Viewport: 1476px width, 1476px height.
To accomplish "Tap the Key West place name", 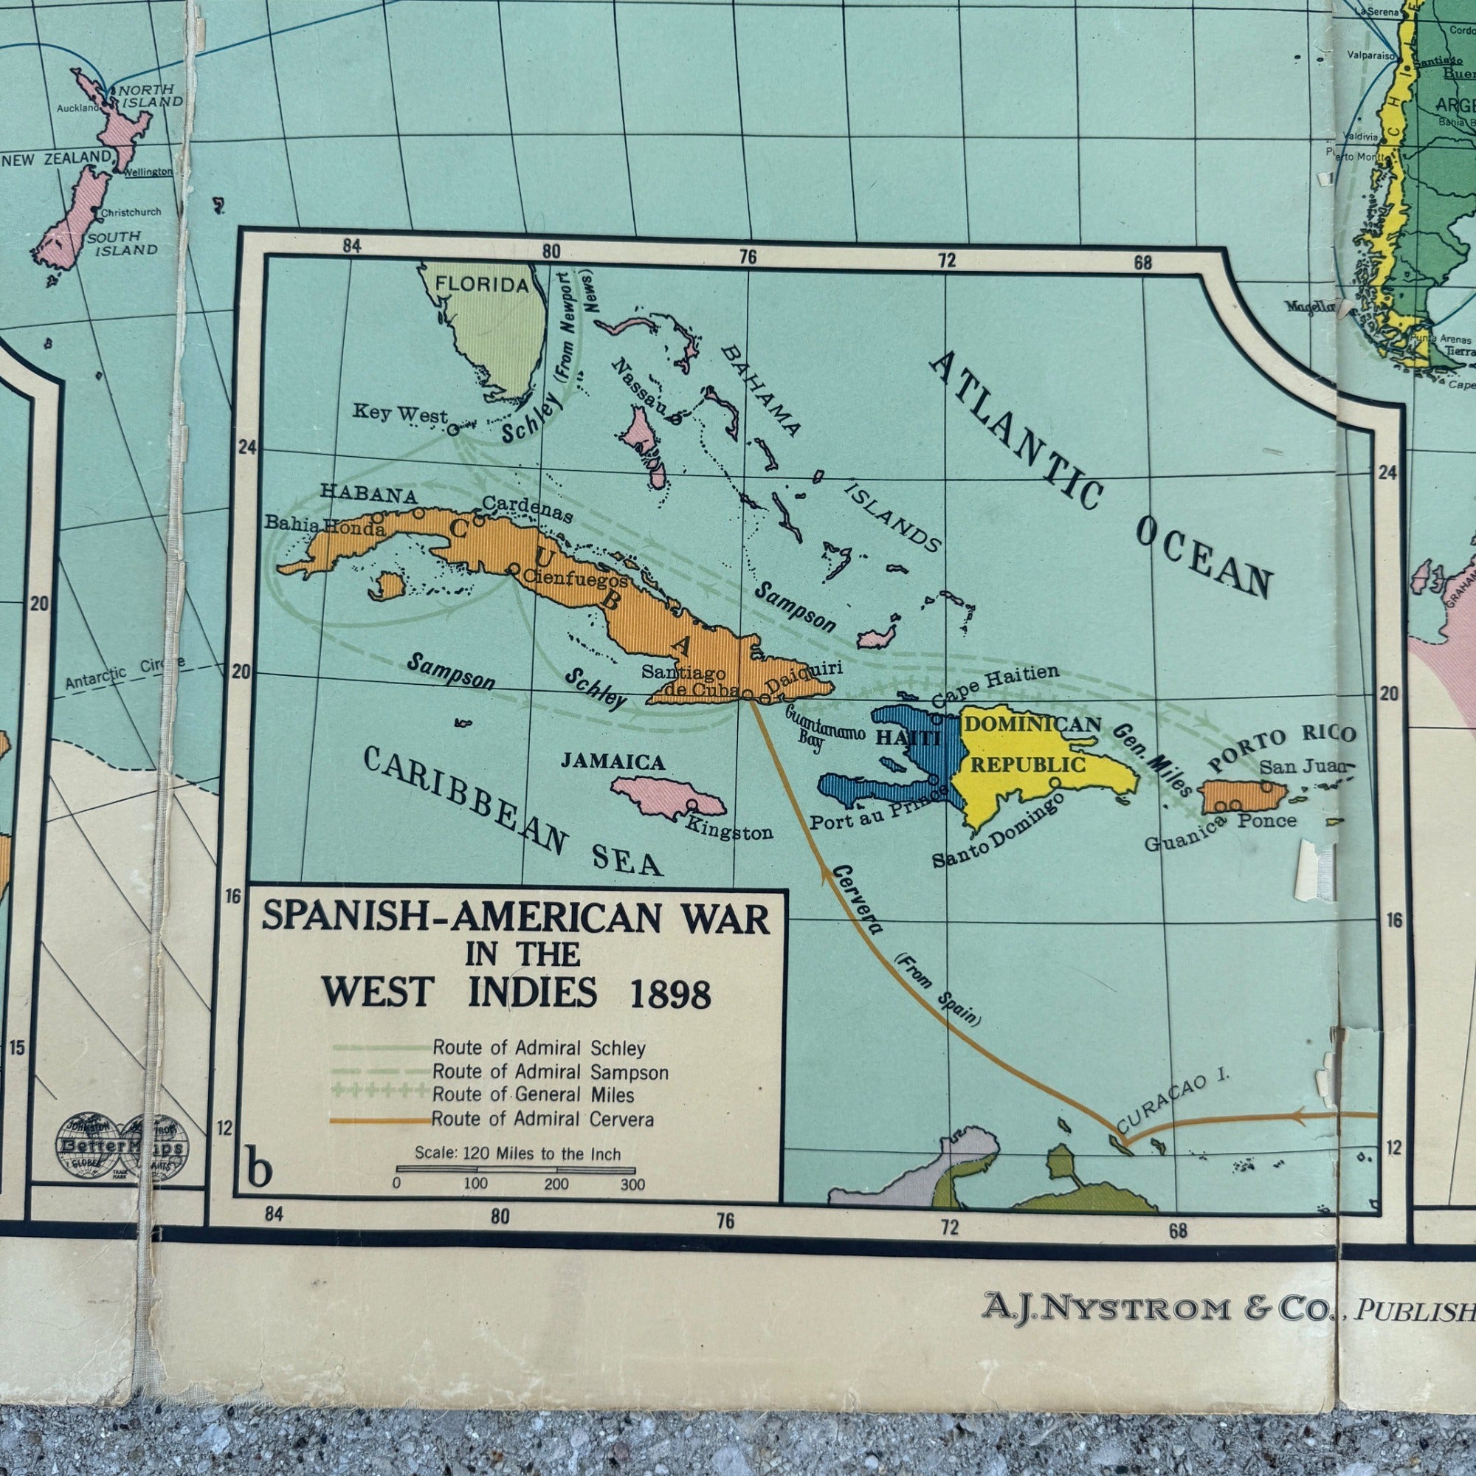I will point(399,414).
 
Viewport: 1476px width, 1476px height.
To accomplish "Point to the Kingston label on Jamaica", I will point(729,831).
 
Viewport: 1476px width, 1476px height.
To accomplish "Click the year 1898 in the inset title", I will point(671,995).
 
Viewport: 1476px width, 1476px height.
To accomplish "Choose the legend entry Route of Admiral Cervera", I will point(542,1120).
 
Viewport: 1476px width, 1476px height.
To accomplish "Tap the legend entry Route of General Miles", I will point(534,1094).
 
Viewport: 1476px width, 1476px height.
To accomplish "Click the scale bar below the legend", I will point(515,1170).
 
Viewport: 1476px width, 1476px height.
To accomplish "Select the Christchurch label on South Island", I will point(131,213).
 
